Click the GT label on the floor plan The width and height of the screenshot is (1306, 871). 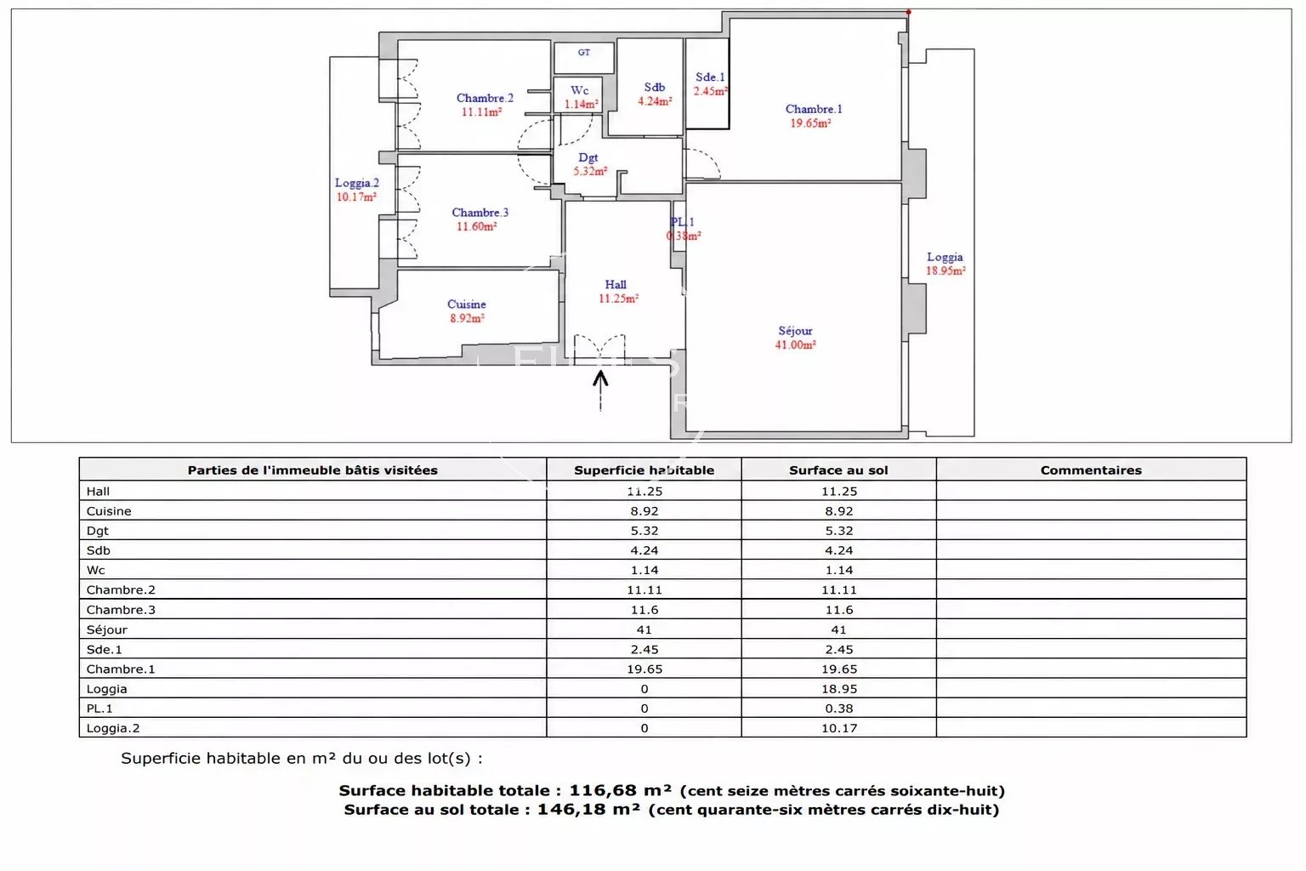583,53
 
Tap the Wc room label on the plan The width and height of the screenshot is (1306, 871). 580,90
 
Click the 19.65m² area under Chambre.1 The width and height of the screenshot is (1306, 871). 810,123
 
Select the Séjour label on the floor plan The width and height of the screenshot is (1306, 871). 795,331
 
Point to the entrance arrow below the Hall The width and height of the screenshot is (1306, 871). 600,391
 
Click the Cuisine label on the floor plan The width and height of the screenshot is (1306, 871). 467,304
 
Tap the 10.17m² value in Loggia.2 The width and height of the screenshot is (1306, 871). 356,197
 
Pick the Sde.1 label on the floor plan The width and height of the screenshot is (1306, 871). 710,77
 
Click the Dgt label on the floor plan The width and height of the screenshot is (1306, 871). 588,157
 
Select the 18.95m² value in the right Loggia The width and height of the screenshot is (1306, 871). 945,270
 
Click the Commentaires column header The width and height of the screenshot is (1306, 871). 1091,470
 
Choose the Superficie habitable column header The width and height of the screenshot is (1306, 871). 644,470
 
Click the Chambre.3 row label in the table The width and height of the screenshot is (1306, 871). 121,610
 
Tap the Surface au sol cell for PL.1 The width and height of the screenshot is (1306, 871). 839,709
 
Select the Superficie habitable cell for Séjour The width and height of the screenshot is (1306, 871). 644,629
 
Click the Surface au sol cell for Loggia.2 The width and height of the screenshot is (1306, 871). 839,728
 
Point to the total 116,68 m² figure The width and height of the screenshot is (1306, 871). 621,790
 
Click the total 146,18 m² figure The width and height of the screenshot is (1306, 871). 588,810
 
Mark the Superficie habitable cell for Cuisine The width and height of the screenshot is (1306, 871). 644,511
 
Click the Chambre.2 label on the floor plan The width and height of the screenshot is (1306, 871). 485,98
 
